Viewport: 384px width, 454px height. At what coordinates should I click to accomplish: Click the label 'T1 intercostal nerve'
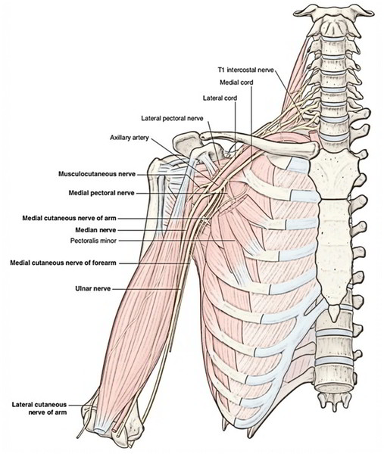[245, 70]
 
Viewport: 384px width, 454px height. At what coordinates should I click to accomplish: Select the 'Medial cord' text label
[236, 82]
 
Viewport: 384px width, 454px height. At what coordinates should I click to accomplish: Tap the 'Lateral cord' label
[220, 98]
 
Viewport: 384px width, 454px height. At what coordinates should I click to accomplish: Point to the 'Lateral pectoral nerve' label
[172, 119]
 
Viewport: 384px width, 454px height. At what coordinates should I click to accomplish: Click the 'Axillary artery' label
[130, 138]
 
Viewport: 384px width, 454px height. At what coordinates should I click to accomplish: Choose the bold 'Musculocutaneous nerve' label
[97, 174]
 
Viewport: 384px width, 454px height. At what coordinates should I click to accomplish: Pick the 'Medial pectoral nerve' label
[101, 193]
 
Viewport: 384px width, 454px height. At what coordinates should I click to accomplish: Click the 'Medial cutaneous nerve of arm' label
[69, 218]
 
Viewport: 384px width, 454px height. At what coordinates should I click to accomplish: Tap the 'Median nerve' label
[95, 230]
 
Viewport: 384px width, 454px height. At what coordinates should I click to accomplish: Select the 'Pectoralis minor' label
[93, 241]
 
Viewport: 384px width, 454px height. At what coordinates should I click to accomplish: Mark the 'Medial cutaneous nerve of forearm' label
[63, 263]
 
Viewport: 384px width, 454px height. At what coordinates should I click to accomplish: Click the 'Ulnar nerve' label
[92, 289]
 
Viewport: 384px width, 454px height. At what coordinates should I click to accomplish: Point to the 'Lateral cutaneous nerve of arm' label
[39, 409]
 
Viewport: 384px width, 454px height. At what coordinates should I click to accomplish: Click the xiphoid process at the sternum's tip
[334, 313]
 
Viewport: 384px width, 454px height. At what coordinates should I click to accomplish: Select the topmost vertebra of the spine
[333, 12]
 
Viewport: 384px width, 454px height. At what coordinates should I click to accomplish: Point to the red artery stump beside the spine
[314, 136]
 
